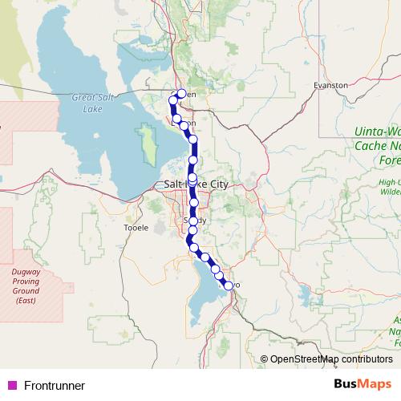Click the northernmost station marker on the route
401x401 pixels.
coord(181,94)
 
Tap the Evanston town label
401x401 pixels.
coord(330,84)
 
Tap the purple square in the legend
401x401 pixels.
coord(11,386)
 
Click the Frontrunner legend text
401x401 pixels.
coord(55,386)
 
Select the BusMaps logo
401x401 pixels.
coord(363,385)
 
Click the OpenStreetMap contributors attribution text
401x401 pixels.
coord(331,358)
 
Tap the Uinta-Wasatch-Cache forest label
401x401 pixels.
coord(377,147)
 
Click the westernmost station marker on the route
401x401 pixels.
coord(172,100)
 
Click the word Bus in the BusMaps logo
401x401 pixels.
coord(347,385)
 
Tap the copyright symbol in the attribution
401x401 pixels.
coord(265,358)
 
